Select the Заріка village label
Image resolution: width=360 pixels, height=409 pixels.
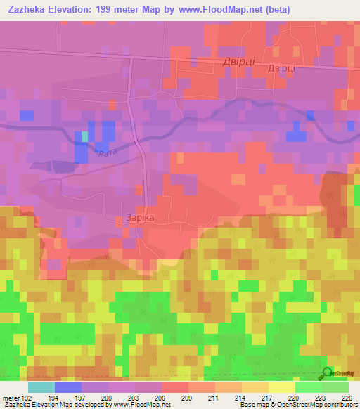(139, 218)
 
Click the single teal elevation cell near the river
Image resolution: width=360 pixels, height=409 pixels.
(85, 136)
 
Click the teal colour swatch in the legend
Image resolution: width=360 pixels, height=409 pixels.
(41, 387)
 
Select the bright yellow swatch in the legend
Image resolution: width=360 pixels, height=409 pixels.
(282, 387)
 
